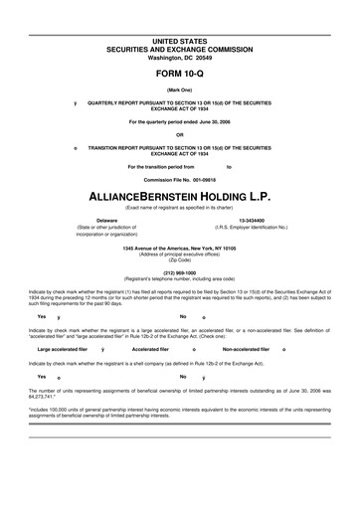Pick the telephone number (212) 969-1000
coord(180,271)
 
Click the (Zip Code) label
coord(180,259)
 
